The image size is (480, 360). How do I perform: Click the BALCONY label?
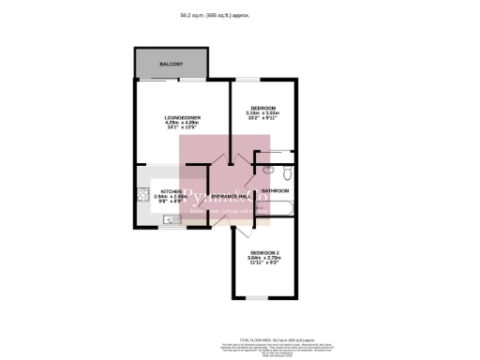(171, 65)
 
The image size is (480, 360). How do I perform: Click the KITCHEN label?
(167, 190)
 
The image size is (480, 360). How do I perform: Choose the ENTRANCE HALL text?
(231, 196)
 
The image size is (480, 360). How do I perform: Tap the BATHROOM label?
(276, 191)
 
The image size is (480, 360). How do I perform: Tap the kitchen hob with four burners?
(142, 196)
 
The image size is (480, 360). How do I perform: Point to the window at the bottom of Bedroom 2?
(256, 299)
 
